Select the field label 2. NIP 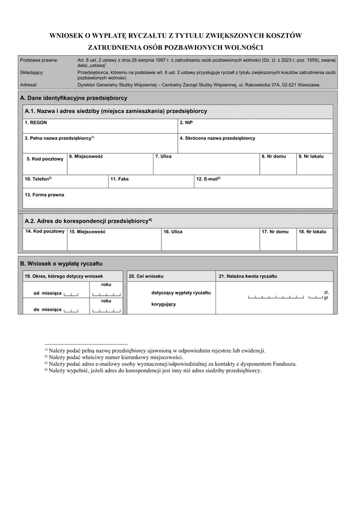186,122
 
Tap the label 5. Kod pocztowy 45,159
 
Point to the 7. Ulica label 163,156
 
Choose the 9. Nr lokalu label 311,156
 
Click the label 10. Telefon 38,179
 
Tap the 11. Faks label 119,179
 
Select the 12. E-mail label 208,179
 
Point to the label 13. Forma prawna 44,194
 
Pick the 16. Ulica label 173,231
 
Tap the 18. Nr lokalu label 312,231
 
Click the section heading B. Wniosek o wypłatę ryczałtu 62,263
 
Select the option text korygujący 164,305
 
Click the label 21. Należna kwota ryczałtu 248,276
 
